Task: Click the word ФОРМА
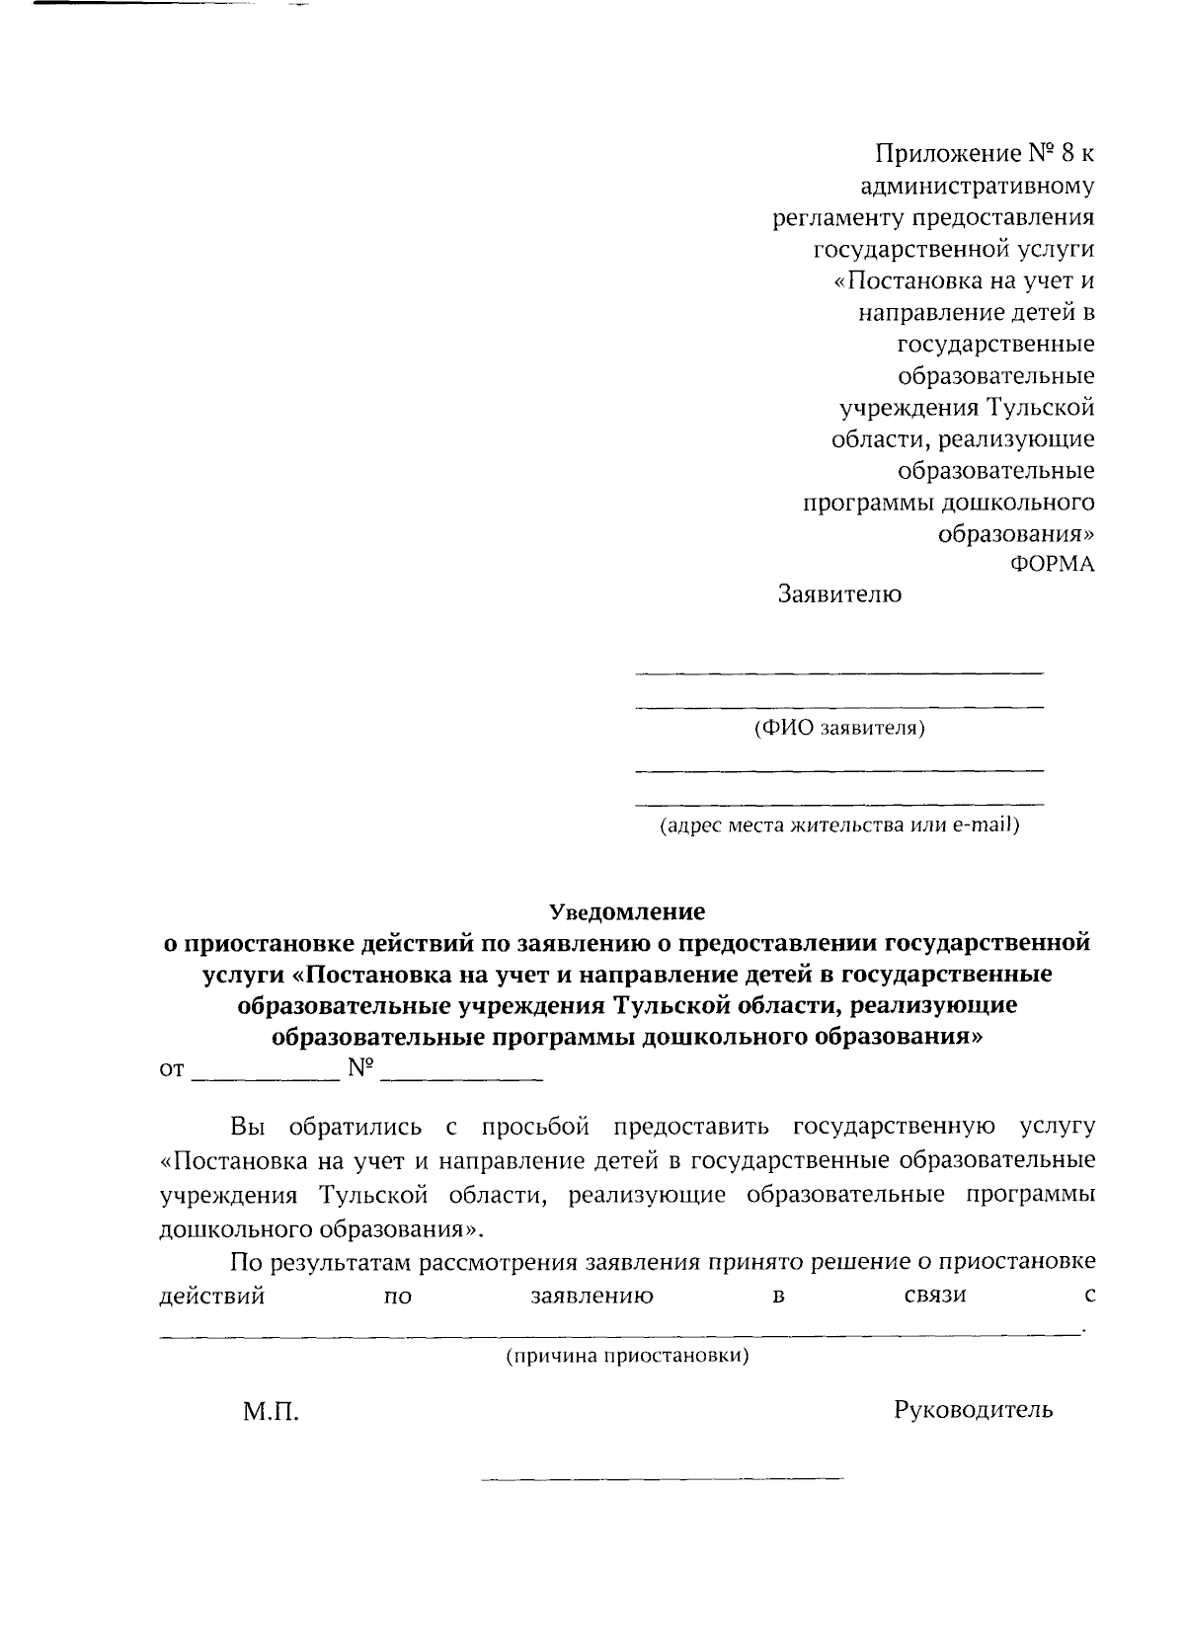[1052, 565]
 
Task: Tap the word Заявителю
[839, 595]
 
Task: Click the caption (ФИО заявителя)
[839, 729]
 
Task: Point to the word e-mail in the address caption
[985, 825]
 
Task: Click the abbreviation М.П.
[271, 1413]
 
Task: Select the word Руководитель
[973, 1410]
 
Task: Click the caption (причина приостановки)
[627, 1356]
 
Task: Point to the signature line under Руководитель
[662, 1479]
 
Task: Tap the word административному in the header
[977, 186]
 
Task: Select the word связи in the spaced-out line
[934, 1295]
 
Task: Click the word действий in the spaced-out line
[211, 1295]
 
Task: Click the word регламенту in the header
[837, 217]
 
